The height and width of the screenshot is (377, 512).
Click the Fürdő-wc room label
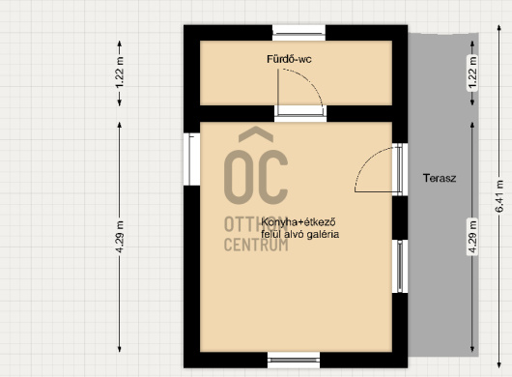point(289,59)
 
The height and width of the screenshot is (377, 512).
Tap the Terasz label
point(440,178)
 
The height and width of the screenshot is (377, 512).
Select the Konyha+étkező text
point(299,222)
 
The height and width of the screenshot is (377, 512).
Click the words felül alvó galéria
point(299,234)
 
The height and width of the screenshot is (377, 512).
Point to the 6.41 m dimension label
point(499,196)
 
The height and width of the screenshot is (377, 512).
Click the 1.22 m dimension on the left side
point(120,72)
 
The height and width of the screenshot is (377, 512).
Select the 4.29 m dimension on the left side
point(120,237)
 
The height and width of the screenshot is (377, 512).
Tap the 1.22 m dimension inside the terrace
point(472,72)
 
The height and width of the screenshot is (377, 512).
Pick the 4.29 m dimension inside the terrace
point(472,237)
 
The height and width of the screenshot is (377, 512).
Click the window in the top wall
point(299,33)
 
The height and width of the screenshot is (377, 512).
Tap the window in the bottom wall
point(294,360)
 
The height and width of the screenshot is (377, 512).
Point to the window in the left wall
point(191,159)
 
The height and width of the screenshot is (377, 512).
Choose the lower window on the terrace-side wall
point(400,266)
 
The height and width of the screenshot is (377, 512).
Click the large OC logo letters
point(256,177)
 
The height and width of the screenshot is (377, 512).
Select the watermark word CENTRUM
point(256,245)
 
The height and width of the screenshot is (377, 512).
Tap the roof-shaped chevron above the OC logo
point(256,133)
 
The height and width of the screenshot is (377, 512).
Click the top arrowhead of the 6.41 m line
point(499,27)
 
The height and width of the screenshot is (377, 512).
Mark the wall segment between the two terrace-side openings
point(400,217)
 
